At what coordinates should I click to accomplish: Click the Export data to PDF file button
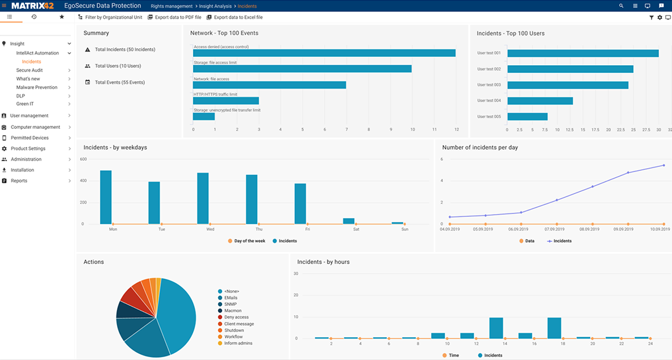click(174, 18)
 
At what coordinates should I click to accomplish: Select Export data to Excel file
click(235, 18)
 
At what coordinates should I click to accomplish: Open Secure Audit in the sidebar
click(30, 70)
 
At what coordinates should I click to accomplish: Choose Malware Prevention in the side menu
click(37, 87)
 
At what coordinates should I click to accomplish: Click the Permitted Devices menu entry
click(30, 138)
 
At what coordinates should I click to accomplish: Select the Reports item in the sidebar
click(19, 181)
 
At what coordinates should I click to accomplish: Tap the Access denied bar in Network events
click(324, 53)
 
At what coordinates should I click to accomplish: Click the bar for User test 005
click(527, 116)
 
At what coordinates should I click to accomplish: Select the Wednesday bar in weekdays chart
click(203, 198)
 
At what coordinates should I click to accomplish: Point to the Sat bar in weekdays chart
click(348, 221)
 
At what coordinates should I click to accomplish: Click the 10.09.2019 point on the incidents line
click(663, 165)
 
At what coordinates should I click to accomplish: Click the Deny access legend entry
click(236, 317)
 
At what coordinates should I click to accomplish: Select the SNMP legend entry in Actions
click(231, 304)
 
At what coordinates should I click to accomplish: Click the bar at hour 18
click(554, 328)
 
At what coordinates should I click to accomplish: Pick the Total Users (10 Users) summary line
click(118, 66)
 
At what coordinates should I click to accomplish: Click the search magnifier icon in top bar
click(621, 6)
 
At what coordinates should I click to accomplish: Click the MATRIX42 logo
click(32, 6)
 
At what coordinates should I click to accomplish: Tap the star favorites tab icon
click(62, 17)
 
